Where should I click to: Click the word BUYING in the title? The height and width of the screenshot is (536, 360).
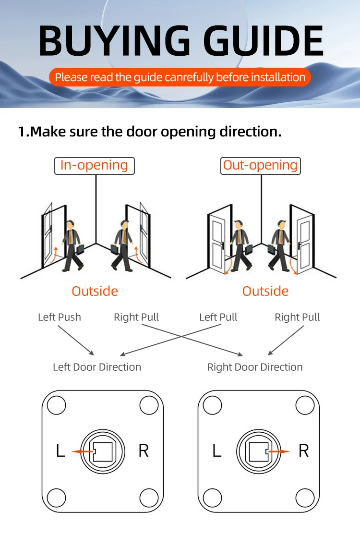(x=114, y=41)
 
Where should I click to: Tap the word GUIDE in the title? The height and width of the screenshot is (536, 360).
(x=264, y=41)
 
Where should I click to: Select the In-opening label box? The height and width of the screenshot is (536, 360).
(x=94, y=166)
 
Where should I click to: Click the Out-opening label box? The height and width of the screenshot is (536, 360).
(x=261, y=166)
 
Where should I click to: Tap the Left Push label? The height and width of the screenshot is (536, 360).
(x=60, y=317)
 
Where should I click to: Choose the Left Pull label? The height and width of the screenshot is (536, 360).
(x=218, y=317)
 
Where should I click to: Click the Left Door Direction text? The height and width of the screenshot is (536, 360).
(x=97, y=367)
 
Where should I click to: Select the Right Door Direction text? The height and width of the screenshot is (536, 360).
(x=255, y=367)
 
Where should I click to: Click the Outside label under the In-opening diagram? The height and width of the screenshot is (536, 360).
(x=95, y=291)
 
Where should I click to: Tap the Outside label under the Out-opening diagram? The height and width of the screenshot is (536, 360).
(x=265, y=291)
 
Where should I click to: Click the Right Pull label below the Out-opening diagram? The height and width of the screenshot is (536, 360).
(x=297, y=317)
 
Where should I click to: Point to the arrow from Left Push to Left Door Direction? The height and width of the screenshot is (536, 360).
(x=76, y=340)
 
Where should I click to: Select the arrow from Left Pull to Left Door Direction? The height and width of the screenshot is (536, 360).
(x=171, y=340)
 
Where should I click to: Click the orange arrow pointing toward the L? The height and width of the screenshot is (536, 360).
(x=82, y=451)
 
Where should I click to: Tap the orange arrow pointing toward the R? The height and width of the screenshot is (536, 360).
(x=279, y=451)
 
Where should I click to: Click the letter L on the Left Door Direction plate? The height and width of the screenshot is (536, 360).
(x=60, y=451)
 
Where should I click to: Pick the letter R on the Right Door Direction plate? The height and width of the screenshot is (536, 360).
(x=304, y=451)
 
